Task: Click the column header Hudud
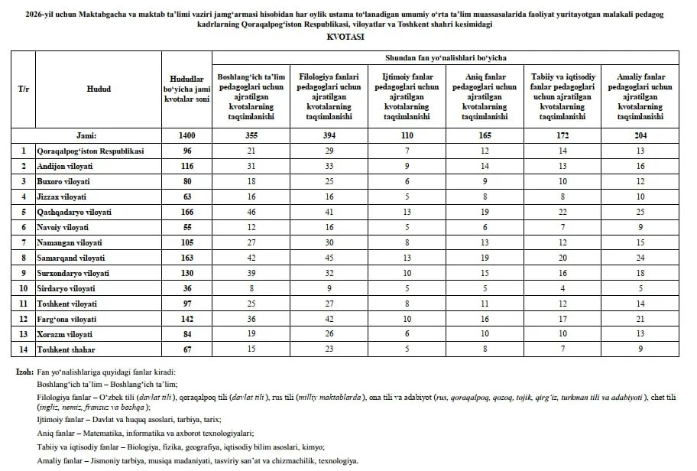pos(99,89)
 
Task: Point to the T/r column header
pos(24,89)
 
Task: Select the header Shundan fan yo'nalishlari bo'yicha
pos(444,57)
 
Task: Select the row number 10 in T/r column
pos(24,289)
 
